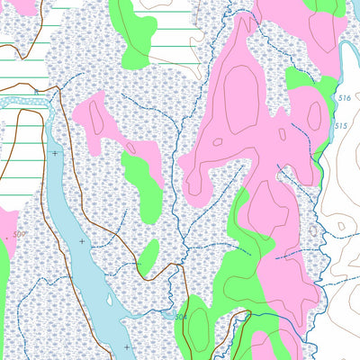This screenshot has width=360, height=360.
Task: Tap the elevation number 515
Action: pos(340,125)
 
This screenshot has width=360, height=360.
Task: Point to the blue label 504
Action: pos(180,317)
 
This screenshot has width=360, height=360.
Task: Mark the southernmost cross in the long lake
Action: pos(127,346)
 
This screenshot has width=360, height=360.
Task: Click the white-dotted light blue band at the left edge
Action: pos(22,102)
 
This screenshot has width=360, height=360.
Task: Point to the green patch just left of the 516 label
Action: pos(301,85)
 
